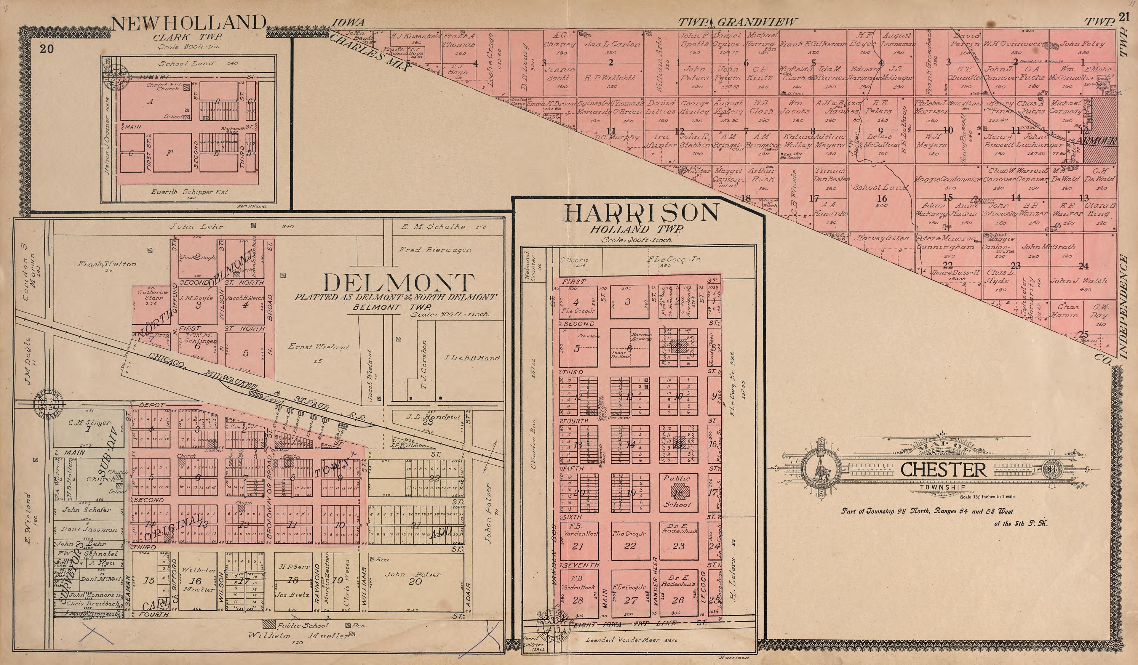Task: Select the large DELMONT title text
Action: (x=399, y=283)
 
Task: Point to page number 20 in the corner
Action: (x=46, y=49)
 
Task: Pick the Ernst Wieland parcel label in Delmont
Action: (x=318, y=347)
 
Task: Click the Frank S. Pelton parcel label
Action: (x=107, y=264)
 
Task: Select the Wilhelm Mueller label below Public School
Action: (x=298, y=636)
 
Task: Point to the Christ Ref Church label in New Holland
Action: (x=163, y=86)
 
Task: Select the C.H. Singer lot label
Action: (x=89, y=423)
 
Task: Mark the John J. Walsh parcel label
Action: (x=1078, y=281)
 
